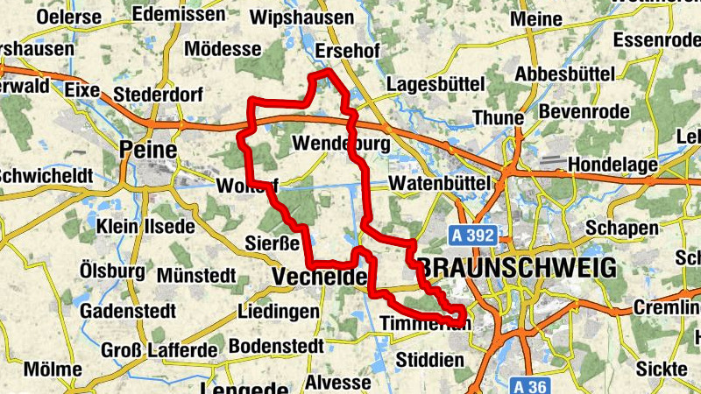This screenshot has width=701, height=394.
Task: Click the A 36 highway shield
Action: coord(532,384)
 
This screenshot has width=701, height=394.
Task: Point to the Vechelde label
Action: coord(319,278)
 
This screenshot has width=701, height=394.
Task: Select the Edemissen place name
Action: coord(180,15)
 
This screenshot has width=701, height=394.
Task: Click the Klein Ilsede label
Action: coord(146,227)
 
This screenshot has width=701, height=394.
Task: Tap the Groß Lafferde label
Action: coord(159,350)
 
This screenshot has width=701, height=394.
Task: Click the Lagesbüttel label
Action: coord(435,84)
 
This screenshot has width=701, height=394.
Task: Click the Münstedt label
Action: coord(197,276)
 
